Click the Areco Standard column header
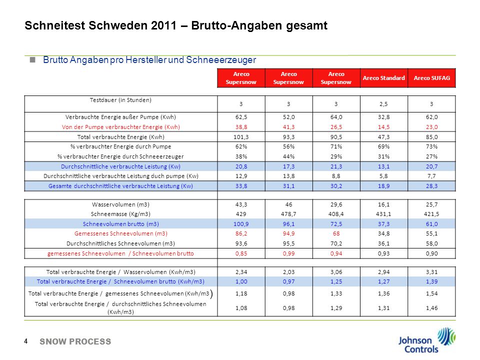383,78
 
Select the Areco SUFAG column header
431,78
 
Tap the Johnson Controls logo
426,340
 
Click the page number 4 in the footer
25,341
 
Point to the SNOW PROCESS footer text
75,341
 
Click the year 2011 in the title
163,25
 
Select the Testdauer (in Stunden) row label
120,100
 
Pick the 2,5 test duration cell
383,104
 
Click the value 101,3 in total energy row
241,137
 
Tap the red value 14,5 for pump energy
383,127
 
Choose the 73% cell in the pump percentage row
431,146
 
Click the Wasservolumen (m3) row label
120,204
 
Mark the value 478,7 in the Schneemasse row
288,214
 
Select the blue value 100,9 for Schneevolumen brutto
241,224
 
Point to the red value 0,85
241,253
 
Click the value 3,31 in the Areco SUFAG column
431,272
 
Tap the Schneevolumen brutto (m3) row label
121,224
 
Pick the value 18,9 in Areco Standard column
383,186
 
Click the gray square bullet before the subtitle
32,59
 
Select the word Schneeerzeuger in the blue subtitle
221,59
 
